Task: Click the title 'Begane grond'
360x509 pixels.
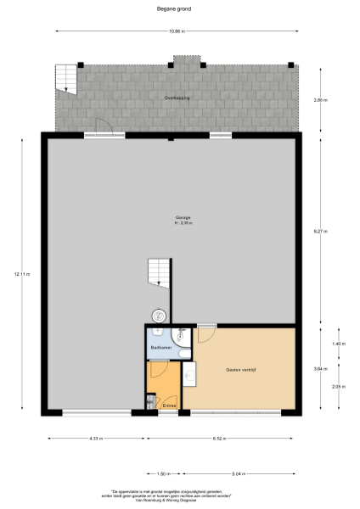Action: tap(180, 9)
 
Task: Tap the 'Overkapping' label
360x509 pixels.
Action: tap(176, 98)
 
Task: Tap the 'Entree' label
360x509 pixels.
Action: tap(169, 406)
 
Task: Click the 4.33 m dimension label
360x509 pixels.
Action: tap(95, 438)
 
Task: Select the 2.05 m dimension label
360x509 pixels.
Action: tap(337, 387)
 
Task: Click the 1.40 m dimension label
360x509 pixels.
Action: tap(337, 344)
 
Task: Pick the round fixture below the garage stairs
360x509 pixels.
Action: tap(158, 315)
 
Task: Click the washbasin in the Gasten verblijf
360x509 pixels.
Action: tap(189, 373)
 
